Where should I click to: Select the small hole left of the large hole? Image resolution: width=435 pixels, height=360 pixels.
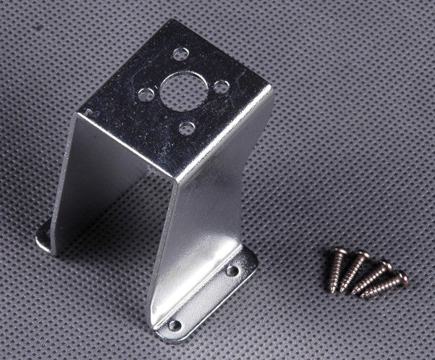145,93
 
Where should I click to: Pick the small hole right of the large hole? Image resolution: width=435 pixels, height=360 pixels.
221,86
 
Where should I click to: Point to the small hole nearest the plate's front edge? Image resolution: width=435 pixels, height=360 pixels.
187,128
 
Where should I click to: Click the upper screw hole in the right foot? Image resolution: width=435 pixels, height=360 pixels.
232,271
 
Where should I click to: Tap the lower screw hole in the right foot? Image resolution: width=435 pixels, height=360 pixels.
174,325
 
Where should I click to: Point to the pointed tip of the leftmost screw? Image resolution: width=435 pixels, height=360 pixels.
333,290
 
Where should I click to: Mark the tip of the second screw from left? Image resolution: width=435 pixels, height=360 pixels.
342,290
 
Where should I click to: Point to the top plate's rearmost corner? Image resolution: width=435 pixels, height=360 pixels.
169,22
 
